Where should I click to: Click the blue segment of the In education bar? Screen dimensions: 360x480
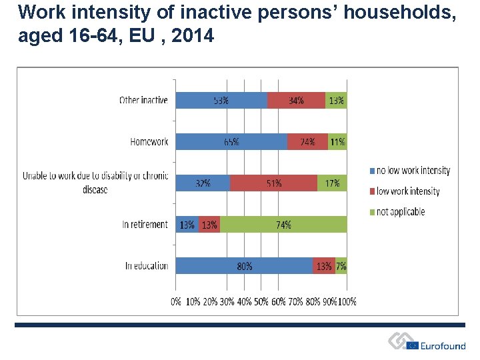coord(244,266)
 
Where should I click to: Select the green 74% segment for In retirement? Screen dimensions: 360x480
coord(283,225)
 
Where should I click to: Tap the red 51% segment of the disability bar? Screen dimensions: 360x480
coord(273,183)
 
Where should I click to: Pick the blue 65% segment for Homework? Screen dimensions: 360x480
coord(231,141)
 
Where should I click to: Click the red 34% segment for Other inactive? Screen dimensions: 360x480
coord(296,100)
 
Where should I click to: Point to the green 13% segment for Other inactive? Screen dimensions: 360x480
coord(337,100)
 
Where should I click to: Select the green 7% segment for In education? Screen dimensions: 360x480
coord(341,266)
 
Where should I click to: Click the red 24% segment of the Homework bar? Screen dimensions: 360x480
coord(307,141)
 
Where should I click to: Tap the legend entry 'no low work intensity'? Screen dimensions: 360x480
coord(413,171)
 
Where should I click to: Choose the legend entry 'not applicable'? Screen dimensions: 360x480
coord(400,212)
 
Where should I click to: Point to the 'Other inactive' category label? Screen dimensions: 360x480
coord(143,100)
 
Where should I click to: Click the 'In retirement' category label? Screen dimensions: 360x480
coord(145,225)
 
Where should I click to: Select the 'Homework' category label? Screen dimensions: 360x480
coord(149,141)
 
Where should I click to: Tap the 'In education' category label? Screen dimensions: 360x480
coord(147,266)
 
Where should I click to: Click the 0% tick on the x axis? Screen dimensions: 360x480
coord(176,301)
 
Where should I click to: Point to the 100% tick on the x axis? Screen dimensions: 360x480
coord(347,301)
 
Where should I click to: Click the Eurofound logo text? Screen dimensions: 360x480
coord(443,345)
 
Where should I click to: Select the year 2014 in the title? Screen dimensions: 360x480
coord(193,36)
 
